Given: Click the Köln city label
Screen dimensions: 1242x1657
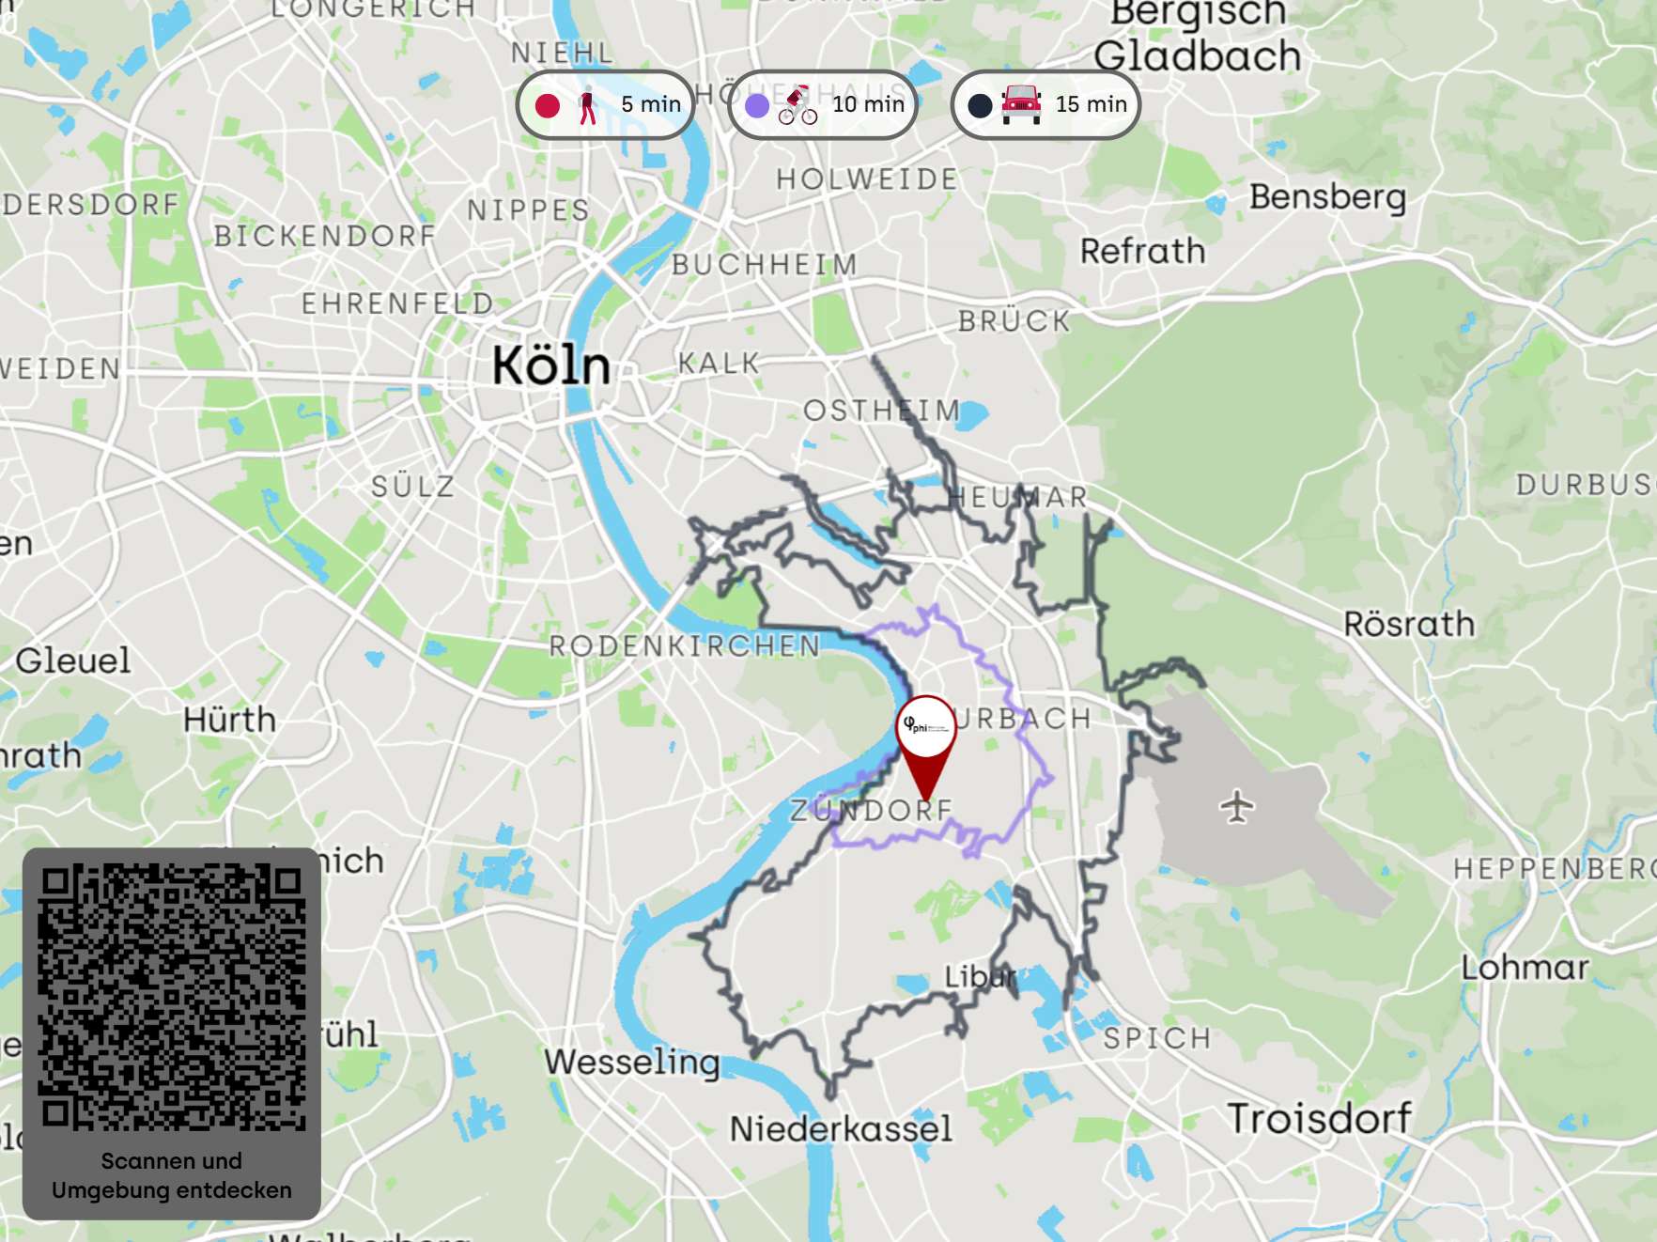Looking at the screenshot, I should [x=551, y=365].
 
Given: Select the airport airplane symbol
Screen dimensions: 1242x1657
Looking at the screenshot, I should [x=1237, y=806].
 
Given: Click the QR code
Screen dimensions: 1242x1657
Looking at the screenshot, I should [x=172, y=997].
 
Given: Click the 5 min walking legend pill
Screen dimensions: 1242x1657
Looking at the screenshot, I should [x=605, y=104].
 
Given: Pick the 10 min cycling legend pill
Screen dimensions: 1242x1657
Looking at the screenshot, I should [x=823, y=104].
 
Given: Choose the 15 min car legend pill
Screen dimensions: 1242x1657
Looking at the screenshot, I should [x=1045, y=104].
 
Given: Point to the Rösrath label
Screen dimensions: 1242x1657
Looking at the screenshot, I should [x=1409, y=624].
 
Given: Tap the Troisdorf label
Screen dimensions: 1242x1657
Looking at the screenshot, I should [x=1319, y=1118].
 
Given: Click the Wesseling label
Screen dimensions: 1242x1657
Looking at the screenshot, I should [x=632, y=1062].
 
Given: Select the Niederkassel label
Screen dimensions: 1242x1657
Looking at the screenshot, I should [x=841, y=1128].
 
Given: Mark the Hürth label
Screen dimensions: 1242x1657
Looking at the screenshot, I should [x=230, y=720].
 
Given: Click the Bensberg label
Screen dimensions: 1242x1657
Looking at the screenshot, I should [x=1327, y=197].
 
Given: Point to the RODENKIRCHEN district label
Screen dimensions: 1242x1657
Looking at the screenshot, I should [x=685, y=646].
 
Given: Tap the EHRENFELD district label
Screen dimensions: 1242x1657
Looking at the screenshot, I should [x=397, y=303].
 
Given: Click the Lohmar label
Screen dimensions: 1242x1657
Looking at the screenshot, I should [x=1525, y=967].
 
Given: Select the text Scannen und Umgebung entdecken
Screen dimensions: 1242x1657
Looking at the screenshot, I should [x=172, y=1175].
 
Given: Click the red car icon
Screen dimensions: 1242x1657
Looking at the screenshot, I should [x=1021, y=103].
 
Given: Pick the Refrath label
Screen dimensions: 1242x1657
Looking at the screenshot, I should [x=1142, y=251].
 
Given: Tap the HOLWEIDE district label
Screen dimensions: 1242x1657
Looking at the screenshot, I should [x=866, y=179].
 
